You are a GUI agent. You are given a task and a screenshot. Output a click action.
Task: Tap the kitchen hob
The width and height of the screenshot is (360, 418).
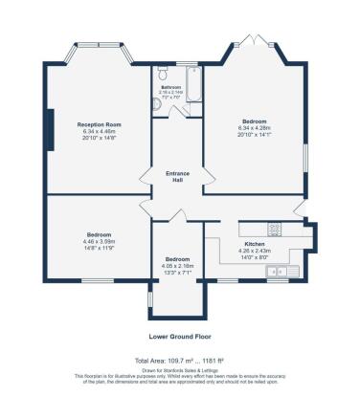(275, 230)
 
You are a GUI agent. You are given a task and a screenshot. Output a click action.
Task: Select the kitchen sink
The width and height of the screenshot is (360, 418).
(287, 270)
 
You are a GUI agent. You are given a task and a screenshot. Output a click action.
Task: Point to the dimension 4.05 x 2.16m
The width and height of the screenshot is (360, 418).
(178, 266)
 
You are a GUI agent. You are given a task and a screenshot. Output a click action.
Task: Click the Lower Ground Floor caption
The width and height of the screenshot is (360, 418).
(179, 336)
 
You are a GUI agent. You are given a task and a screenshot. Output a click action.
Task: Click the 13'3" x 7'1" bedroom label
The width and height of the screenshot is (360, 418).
(178, 273)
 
